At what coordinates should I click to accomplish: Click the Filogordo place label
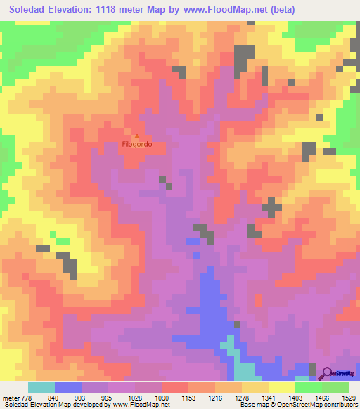point(137,145)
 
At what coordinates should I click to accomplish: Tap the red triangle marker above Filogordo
point(137,136)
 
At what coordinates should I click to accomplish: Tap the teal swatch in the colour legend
point(41,387)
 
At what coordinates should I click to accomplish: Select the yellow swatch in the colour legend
point(281,387)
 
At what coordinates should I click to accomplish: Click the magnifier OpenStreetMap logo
point(326,374)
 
